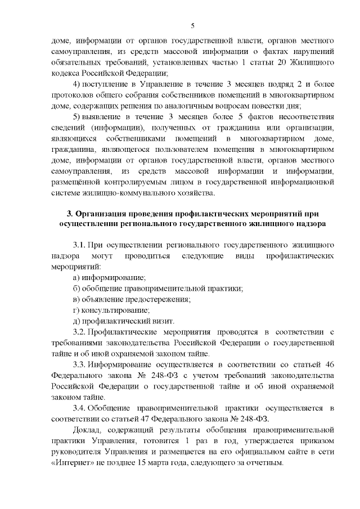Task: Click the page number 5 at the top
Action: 192,25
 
